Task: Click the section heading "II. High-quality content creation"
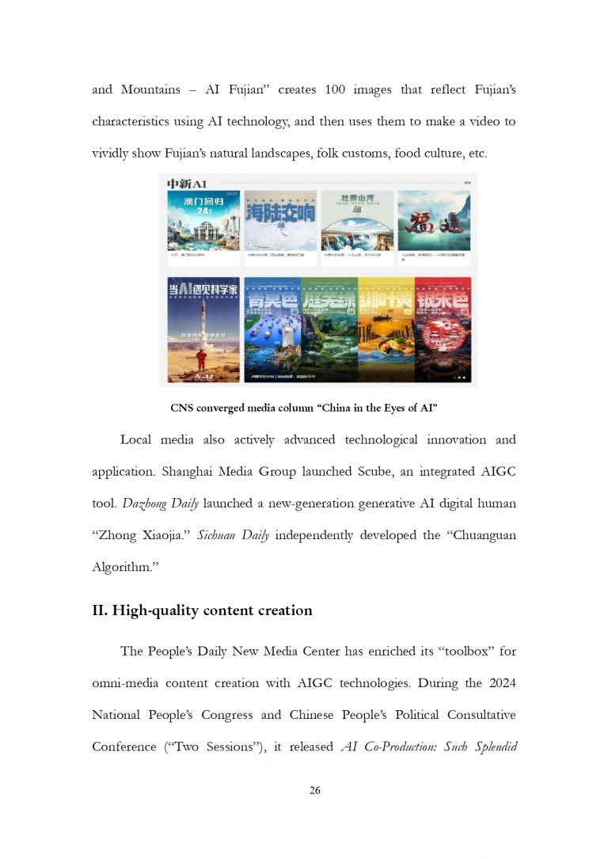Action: (202, 610)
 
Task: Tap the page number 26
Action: (315, 790)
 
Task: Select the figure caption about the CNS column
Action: (304, 409)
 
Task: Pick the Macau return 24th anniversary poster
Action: (203, 220)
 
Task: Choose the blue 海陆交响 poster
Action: (280, 220)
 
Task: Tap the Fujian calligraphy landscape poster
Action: (434, 220)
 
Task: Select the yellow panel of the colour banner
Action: (386, 329)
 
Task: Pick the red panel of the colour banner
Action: (443, 329)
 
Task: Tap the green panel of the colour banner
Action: (329, 329)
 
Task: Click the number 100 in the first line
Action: (335, 89)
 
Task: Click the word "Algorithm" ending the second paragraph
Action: (123, 567)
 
